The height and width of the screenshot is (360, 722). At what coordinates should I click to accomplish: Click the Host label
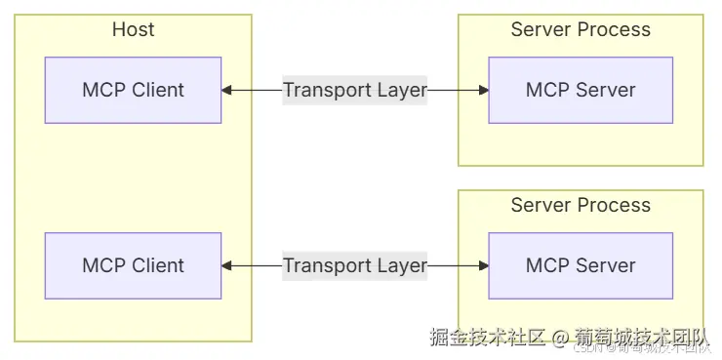point(133,29)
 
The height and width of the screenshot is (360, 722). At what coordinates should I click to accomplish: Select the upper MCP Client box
point(133,90)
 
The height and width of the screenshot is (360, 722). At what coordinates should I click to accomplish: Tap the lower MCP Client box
point(133,264)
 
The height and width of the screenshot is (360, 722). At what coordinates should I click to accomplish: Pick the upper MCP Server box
point(581,90)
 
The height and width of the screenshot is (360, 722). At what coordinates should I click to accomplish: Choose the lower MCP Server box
point(581,264)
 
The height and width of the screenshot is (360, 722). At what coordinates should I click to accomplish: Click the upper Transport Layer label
point(355,91)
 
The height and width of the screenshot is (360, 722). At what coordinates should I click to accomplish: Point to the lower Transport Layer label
point(355,265)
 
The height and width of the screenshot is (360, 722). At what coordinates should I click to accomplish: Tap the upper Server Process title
point(581,29)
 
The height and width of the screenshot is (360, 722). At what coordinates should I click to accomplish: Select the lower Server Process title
point(581,205)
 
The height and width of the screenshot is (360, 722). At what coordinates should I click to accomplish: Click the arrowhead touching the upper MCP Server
point(483,91)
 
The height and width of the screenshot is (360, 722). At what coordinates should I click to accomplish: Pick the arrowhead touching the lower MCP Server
point(483,265)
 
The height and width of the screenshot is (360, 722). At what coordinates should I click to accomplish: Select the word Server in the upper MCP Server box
point(605,90)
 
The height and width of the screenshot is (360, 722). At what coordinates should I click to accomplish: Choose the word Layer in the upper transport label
point(402,91)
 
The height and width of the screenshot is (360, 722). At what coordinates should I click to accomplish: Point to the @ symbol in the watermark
point(559,339)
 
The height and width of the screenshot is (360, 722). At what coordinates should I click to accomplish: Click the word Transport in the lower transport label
point(327,265)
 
